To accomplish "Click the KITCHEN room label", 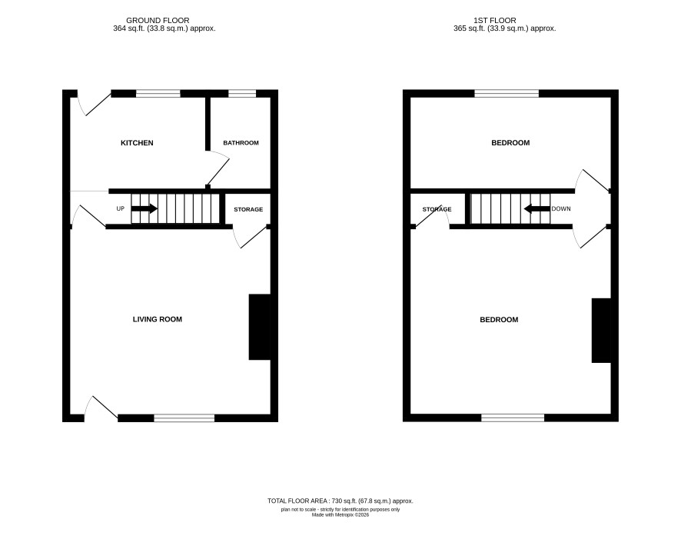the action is pos(137,143).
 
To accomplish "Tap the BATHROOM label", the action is pos(241,143).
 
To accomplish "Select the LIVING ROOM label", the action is pos(158,319).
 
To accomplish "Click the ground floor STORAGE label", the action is pos(248,209).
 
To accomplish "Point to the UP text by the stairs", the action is pos(121,208).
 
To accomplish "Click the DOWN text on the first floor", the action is pos(561,208).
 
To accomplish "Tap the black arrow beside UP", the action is pos(145,208).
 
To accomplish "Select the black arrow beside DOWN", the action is pos(536,209).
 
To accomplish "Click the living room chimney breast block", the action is pos(260,327).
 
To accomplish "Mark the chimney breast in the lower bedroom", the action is pos(602,330).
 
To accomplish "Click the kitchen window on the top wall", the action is pos(158,93).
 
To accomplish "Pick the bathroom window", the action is pos(242,93).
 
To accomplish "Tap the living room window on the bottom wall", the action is pos(184,418).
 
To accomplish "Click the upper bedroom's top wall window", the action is pos(507,93).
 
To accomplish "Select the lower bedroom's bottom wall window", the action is pos(513,418).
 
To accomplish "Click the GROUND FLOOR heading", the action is pos(158,21).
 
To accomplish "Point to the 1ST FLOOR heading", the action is pos(495,21).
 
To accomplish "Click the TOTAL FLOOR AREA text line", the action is pos(340,501).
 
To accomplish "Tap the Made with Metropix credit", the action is pos(340,514).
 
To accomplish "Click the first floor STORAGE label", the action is pos(437,209).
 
